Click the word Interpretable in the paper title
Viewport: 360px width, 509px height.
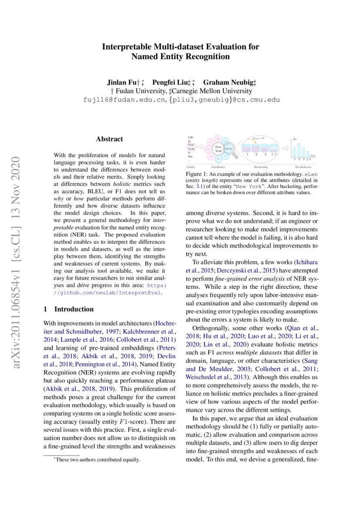126,46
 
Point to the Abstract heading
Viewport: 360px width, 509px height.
109,139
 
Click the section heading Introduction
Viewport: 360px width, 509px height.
74,309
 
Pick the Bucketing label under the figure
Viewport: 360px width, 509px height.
261,167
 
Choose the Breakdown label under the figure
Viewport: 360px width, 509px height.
303,167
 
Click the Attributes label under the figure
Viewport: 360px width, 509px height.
217,167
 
